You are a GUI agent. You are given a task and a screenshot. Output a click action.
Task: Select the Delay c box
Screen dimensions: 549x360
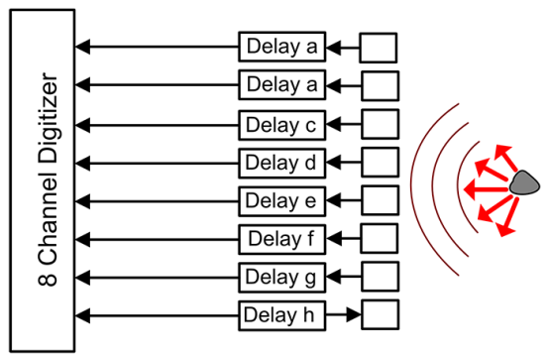point(280,125)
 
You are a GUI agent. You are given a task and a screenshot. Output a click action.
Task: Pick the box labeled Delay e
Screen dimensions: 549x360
point(280,201)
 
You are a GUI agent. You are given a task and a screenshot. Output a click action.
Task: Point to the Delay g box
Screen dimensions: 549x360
point(280,277)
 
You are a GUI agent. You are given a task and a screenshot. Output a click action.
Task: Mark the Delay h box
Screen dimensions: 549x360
point(280,315)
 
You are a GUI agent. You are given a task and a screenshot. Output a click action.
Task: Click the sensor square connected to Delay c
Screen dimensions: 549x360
point(379,125)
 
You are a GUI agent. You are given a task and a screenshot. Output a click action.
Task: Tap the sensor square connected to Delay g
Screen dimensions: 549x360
point(379,277)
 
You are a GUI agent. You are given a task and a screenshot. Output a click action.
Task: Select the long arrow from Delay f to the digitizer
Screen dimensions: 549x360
point(159,239)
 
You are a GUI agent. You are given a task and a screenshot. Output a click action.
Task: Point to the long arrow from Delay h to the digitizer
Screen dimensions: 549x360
point(159,315)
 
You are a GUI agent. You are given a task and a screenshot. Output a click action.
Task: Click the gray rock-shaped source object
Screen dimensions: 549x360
point(522,182)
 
